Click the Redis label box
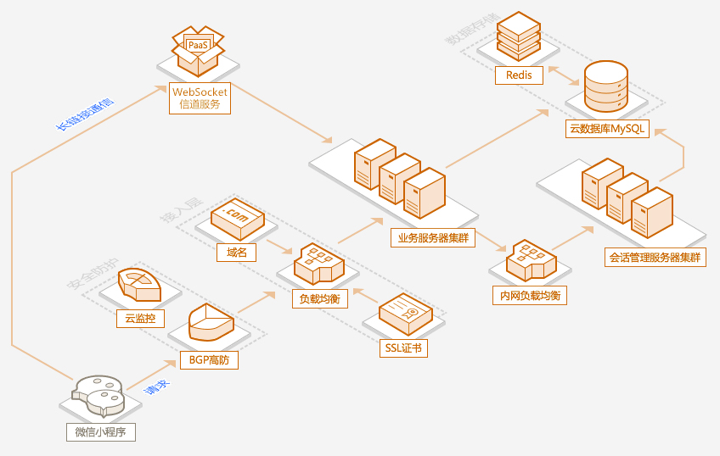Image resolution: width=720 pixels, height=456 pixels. pos(519,75)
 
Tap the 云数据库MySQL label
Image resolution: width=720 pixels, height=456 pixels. pos(607,129)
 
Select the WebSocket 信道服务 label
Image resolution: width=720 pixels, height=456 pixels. pos(200,97)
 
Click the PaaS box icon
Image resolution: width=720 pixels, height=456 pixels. pos(198,48)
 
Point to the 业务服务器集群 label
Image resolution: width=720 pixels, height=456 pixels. pos(433,237)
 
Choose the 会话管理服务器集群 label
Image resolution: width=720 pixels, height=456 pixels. pos(655,257)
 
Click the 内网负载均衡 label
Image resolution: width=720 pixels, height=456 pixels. pos(529,295)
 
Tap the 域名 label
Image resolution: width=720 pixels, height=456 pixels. pos(237,252)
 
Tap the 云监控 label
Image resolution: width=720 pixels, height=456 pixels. pos(139,319)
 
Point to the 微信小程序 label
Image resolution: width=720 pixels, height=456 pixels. pos(100,431)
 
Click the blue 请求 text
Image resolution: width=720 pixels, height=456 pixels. pos(155,388)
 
